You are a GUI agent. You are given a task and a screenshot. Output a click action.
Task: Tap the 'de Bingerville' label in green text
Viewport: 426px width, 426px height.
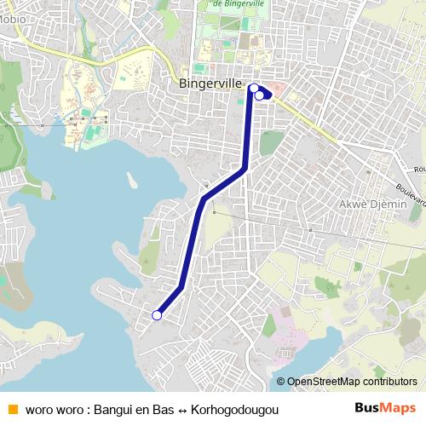(x=234, y=3)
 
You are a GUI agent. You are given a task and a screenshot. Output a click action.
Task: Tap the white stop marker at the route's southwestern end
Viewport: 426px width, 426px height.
(x=157, y=315)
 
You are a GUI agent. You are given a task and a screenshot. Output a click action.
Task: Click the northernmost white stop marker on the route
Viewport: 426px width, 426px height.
(x=253, y=87)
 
